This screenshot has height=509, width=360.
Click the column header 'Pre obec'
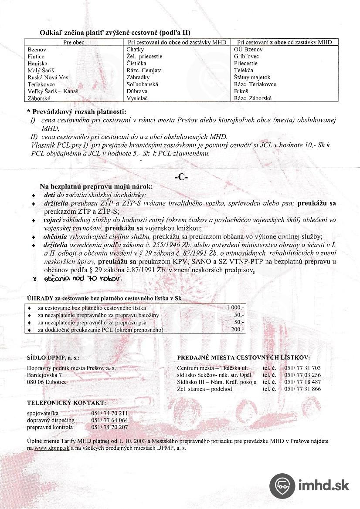pyautogui.click(x=74, y=42)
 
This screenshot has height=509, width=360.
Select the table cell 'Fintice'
pyautogui.click(x=36, y=57)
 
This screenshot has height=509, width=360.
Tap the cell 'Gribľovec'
pyautogui.click(x=247, y=57)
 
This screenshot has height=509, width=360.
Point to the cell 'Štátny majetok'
pyautogui.click(x=252, y=78)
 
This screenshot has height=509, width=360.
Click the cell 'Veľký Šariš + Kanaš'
pyautogui.click(x=52, y=91)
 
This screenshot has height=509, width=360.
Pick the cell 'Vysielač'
pyautogui.click(x=137, y=98)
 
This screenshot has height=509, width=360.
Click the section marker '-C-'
pyautogui.click(x=180, y=177)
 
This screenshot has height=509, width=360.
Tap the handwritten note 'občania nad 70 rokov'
pyautogui.click(x=83, y=278)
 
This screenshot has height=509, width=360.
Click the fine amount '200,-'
pyautogui.click(x=238, y=330)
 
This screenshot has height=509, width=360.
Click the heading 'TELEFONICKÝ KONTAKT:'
pyautogui.click(x=66, y=403)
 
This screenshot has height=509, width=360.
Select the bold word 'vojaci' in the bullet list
pyautogui.click(x=52, y=220)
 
